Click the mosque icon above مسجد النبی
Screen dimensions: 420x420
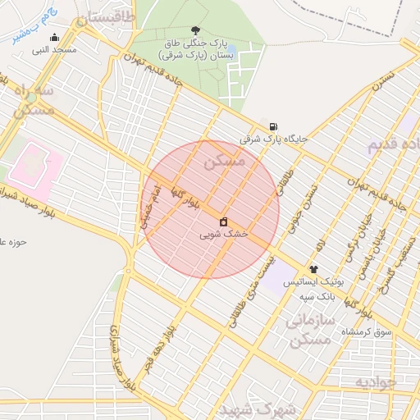[55, 37]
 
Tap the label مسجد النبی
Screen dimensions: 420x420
[55, 50]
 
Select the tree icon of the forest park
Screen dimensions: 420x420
[194, 31]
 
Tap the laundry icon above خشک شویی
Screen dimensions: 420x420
[223, 221]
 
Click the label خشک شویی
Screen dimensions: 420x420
[223, 235]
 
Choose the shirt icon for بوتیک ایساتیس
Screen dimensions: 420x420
[313, 268]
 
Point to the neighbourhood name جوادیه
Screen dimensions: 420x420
[376, 381]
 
